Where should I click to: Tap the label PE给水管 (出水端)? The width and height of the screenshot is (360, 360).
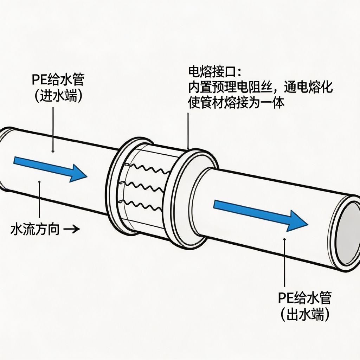point(305,307)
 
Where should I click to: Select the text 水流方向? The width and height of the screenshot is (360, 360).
point(35,230)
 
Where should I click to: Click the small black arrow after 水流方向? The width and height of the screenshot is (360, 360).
point(73,230)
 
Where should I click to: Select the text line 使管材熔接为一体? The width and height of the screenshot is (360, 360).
point(236,103)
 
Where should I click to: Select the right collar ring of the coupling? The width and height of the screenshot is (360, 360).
point(183,197)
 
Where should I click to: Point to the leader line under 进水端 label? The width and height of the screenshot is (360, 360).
point(52,130)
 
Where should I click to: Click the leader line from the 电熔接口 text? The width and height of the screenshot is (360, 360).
point(188,130)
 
